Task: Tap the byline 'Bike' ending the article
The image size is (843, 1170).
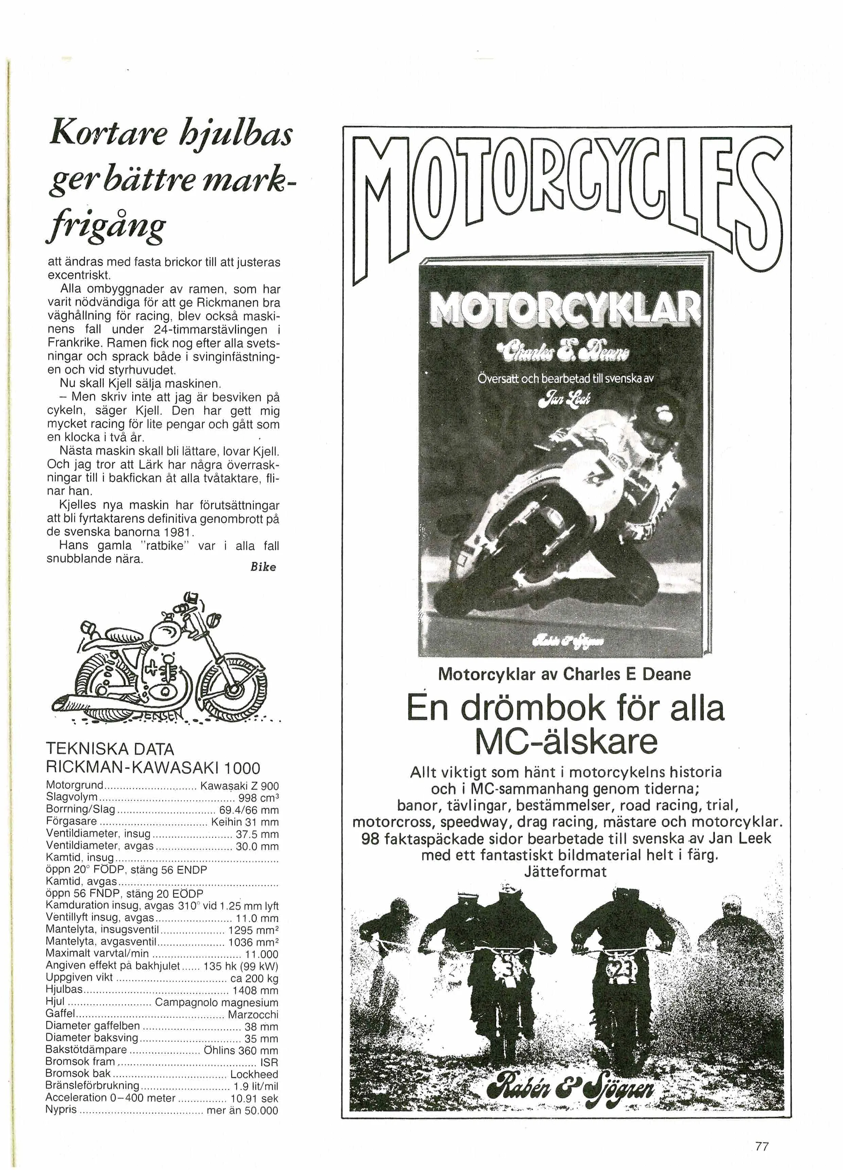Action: click(263, 567)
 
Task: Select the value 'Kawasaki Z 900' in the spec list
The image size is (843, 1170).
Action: click(239, 786)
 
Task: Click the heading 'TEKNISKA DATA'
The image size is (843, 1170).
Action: click(110, 749)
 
